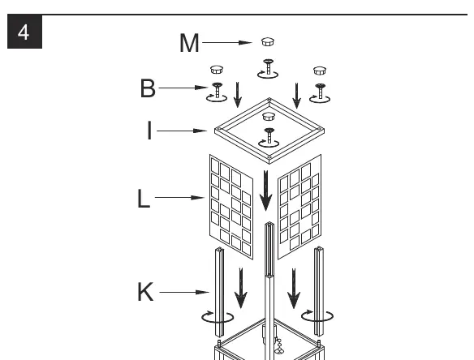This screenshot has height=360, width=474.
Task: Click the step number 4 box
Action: [x=24, y=32]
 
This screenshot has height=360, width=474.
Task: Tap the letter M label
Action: [x=189, y=43]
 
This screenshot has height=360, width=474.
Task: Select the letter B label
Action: [x=148, y=88]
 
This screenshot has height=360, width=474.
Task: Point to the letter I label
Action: [x=149, y=131]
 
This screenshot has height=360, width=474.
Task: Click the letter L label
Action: [x=144, y=199]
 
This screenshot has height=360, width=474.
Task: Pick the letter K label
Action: [x=145, y=292]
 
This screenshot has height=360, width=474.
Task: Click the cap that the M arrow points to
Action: [x=268, y=41]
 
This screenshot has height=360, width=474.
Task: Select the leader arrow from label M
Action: [x=227, y=43]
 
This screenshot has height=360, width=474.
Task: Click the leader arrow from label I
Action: [x=182, y=131]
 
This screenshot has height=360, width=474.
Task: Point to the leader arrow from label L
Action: [x=180, y=198]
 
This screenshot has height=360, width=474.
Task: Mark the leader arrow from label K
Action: [x=184, y=292]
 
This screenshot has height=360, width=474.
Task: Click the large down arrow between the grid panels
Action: [x=265, y=191]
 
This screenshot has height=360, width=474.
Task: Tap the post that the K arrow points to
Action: [x=219, y=292]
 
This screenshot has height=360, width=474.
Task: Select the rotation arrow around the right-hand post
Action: [x=317, y=316]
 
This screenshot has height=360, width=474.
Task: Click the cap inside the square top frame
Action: [x=269, y=116]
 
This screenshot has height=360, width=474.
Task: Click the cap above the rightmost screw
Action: [x=320, y=71]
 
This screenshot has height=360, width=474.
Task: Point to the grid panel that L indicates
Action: [x=231, y=207]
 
